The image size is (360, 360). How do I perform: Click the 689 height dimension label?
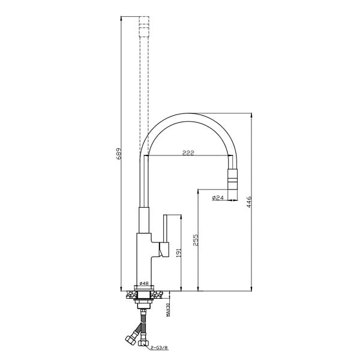[119, 154]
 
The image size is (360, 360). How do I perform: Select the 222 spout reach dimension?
[188, 153]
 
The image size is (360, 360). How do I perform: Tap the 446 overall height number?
[249, 202]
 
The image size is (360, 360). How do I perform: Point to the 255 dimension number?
[196, 240]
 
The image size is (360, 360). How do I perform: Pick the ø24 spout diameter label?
[218, 197]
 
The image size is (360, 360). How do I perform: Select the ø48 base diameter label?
[144, 283]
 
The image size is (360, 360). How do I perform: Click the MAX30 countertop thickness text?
[167, 310]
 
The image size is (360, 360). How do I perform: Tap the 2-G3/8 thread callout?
[160, 348]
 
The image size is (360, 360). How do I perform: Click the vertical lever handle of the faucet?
[166, 229]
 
